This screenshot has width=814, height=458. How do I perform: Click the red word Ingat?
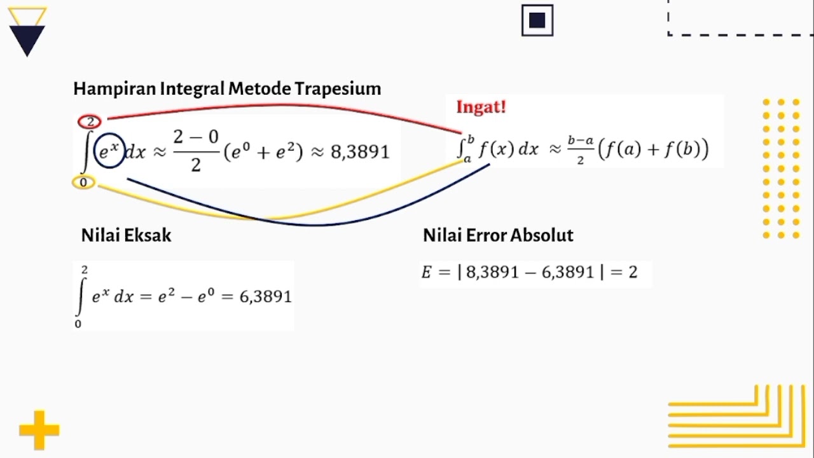point(481,107)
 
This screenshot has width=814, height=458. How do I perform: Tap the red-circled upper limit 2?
point(90,121)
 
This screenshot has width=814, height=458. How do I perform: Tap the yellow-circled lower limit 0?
point(83,183)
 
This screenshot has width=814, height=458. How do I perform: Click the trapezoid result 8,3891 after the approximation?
point(359,152)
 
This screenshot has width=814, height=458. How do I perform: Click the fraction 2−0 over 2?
point(196,151)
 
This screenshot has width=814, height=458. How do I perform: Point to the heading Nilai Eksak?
point(126,235)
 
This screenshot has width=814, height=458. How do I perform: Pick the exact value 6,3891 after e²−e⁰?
point(265,296)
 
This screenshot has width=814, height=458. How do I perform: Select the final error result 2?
point(633,272)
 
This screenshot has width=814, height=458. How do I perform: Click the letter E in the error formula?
point(427,272)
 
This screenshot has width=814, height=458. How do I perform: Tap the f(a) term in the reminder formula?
point(619,149)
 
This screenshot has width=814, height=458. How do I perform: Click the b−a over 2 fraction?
point(581,150)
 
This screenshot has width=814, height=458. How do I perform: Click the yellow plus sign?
point(39,431)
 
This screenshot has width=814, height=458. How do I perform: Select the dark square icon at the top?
point(537,20)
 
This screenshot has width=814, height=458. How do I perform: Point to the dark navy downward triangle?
point(27,40)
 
